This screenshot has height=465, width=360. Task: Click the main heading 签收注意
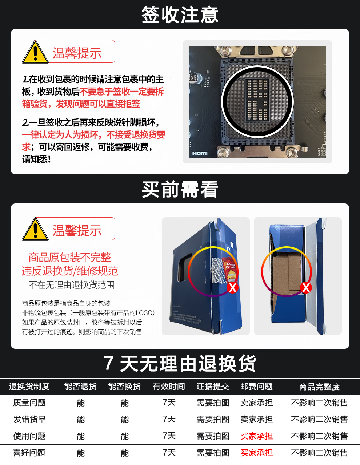pyautogui.click(x=180, y=15)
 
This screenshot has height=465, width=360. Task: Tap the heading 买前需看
pyautogui.click(x=180, y=189)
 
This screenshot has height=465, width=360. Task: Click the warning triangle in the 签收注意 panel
pyautogui.click(x=35, y=52)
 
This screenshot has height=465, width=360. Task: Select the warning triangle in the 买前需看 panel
pyautogui.click(x=35, y=229)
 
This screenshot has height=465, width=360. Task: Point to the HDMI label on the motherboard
pyautogui.click(x=200, y=153)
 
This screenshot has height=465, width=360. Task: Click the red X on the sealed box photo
pyautogui.click(x=232, y=288)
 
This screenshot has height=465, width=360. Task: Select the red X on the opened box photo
pyautogui.click(x=306, y=288)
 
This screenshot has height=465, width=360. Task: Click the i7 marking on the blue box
pyautogui.click(x=229, y=249)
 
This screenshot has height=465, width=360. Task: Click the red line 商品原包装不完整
pyautogui.click(x=69, y=257)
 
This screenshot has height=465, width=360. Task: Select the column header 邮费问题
pyautogui.click(x=256, y=387)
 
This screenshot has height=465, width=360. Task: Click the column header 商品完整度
pyautogui.click(x=319, y=387)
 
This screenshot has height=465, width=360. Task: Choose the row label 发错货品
pyautogui.click(x=29, y=420)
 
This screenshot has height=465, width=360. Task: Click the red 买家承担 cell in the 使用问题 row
pyautogui.click(x=256, y=436)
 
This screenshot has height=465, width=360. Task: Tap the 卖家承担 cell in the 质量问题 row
pyautogui.click(x=256, y=403)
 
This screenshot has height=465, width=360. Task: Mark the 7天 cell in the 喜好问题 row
pyautogui.click(x=169, y=453)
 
